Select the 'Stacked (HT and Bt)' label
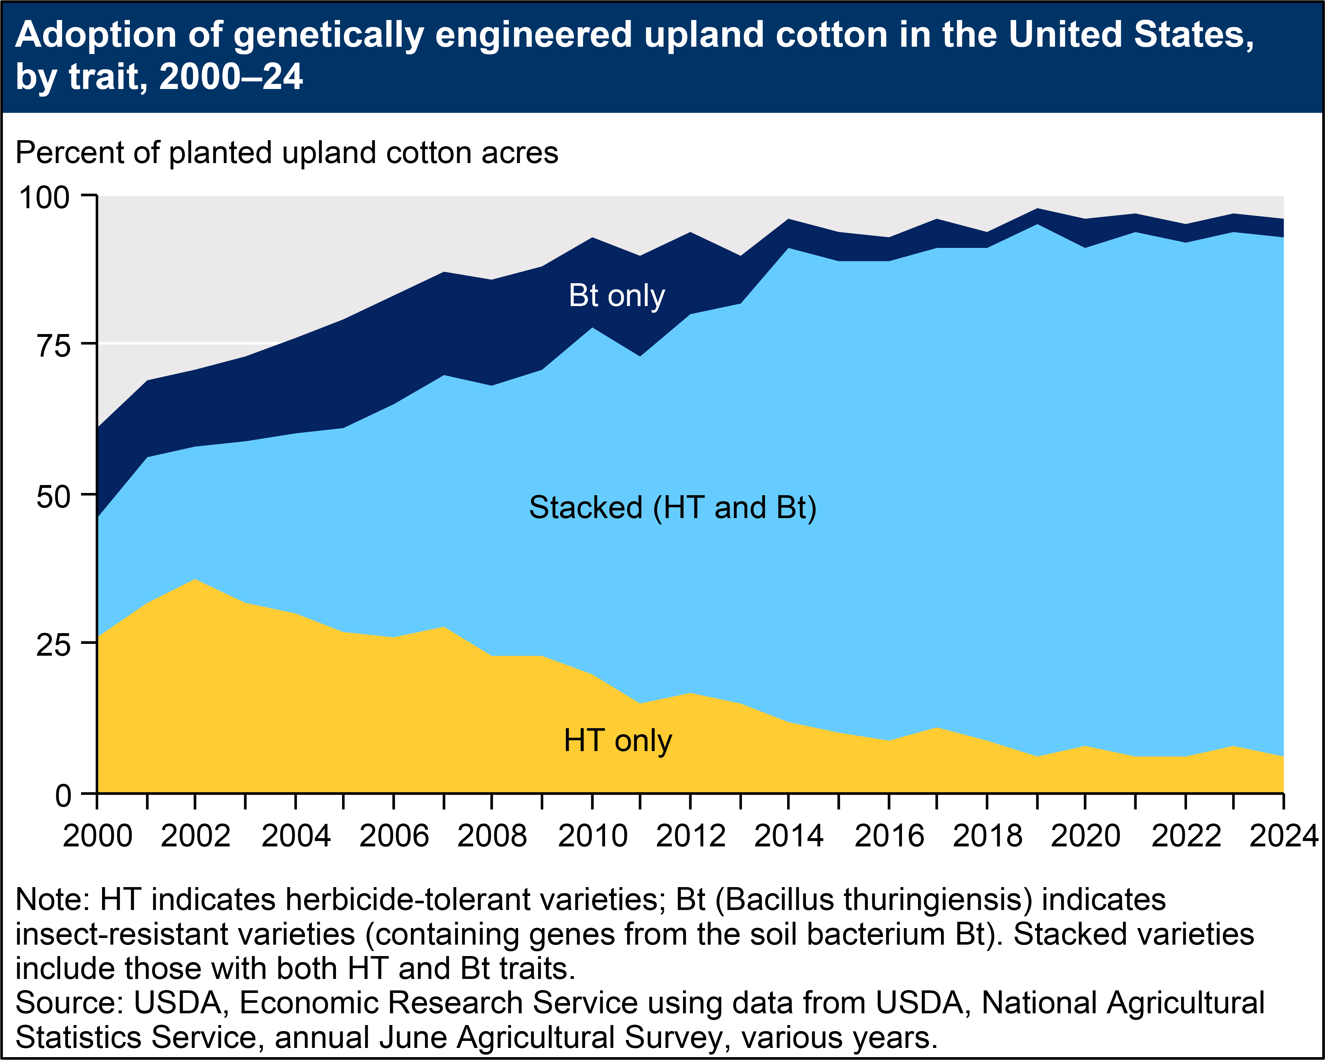point(672,508)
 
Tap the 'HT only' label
point(618,741)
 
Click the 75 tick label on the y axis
point(54,346)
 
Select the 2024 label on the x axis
point(1284,836)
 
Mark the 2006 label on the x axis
point(394,836)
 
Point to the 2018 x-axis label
point(987,836)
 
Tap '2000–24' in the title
point(231,78)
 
